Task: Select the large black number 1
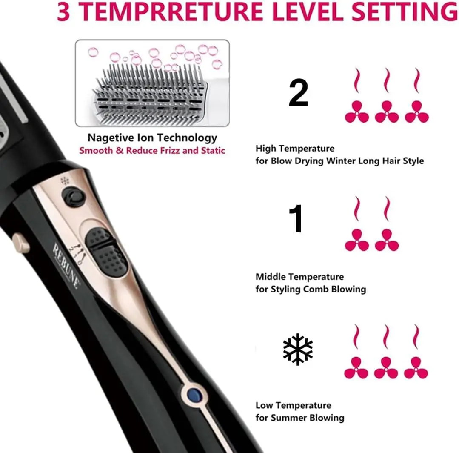click(296, 218)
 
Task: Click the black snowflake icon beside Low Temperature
click(298, 349)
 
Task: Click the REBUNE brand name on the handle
click(66, 266)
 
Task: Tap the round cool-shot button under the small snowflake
click(73, 196)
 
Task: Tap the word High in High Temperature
click(265, 149)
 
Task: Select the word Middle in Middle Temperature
click(272, 277)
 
